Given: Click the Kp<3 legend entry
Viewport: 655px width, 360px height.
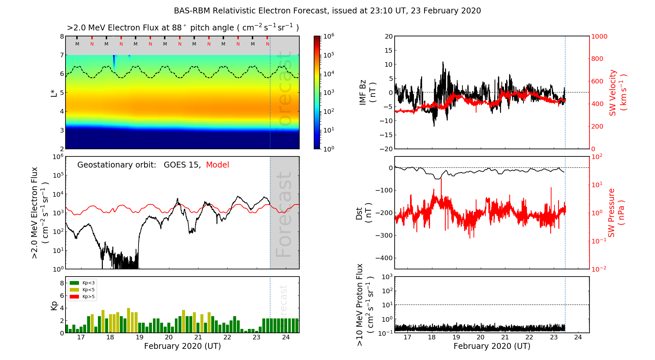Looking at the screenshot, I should pos(82,283).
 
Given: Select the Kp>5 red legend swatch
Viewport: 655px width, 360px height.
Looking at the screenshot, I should pos(75,297).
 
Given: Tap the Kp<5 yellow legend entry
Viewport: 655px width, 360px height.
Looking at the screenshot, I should pos(82,290).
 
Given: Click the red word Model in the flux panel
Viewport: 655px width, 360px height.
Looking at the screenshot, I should pos(217,165).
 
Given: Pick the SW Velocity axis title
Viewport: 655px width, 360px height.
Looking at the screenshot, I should pos(618,93).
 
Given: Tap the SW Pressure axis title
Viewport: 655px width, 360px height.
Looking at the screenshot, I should pos(616,213).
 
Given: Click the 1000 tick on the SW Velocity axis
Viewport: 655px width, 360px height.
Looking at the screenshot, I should pos(599,36).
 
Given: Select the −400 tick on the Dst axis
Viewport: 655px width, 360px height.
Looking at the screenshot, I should pos(384,258).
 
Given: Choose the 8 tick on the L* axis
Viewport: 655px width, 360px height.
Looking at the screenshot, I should pos(62,36).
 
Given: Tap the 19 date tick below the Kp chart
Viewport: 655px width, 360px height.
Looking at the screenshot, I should pos(140,337).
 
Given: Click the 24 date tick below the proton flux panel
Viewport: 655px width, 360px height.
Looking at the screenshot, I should pos(578,337).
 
